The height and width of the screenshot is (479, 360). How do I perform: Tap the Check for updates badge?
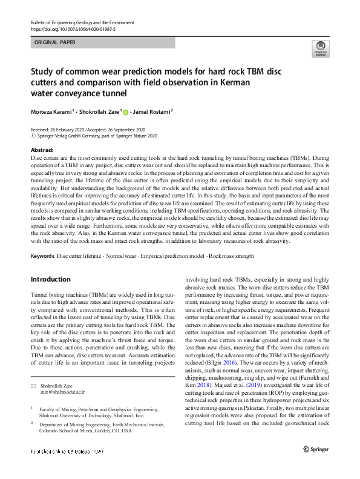click(319, 48)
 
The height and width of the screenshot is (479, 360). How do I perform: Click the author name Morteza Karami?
click(51, 111)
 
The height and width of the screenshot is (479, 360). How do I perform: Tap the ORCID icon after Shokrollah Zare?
click(126, 111)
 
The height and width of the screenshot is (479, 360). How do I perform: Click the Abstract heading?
click(42, 150)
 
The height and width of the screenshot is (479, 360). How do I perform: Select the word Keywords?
click(42, 257)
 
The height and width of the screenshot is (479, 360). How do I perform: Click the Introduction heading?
click(51, 279)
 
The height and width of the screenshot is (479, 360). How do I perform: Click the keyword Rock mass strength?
click(232, 257)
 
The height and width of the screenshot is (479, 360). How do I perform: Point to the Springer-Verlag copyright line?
click(97, 136)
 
